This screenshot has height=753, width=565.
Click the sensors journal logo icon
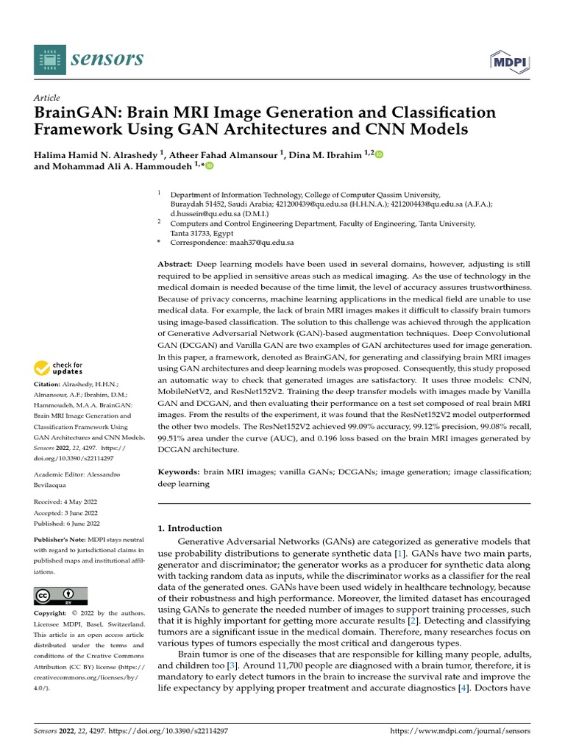coord(49,60)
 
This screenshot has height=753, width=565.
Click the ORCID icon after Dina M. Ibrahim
coord(380,154)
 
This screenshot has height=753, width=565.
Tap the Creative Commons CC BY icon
coord(60,595)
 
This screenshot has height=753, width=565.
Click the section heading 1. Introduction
coord(190,528)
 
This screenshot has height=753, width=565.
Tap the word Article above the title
coord(47,98)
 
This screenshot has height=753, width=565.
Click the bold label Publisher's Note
coord(59,540)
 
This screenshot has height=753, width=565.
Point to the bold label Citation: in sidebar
coord(48,385)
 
